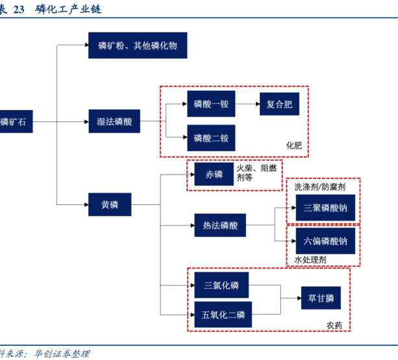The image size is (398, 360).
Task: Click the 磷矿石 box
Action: coord(14,121)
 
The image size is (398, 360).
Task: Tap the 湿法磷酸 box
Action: coord(114,121)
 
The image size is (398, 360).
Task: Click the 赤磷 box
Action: coord(214,174)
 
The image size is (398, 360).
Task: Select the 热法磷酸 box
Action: coord(220,226)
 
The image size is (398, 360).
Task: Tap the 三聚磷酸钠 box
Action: coord(325,209)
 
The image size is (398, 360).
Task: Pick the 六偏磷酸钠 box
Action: coord(325,241)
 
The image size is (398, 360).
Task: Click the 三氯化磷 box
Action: coord(221,285)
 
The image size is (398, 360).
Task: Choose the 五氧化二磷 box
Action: coord(221,315)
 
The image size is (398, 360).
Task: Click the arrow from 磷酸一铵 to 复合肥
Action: coord(247,104)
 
